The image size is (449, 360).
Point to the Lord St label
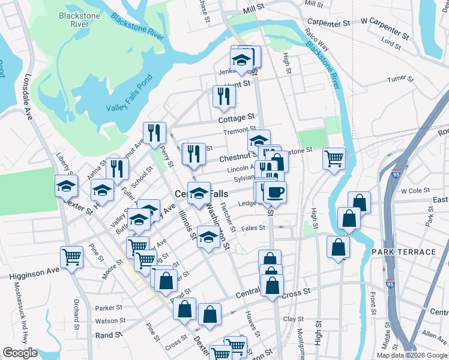tap(391, 44)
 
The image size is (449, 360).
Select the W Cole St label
tap(412, 190)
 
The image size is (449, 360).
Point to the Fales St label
tap(253, 228)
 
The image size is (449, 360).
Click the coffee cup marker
tap(275, 192)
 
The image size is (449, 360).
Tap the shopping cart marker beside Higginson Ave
tap(71, 257)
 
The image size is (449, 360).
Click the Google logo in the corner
tap(20, 353)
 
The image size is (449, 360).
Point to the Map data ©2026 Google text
tap(412, 355)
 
